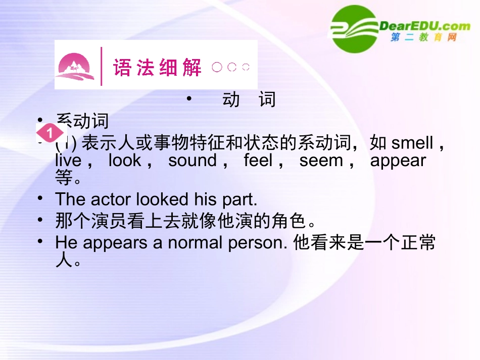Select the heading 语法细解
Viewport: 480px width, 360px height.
click(157, 67)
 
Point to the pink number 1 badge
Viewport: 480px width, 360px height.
click(50, 134)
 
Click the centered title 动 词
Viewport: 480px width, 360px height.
click(249, 99)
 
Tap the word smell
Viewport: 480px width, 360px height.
click(412, 143)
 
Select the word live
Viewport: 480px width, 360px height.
click(68, 161)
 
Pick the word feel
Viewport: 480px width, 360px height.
click(258, 161)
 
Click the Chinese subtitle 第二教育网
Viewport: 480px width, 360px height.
click(423, 38)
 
